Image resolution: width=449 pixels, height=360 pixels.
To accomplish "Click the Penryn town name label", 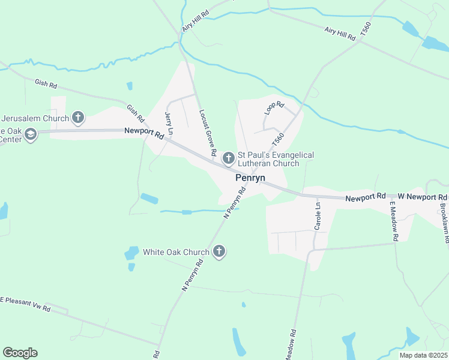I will [x=250, y=178].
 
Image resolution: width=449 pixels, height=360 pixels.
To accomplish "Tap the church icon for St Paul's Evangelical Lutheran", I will [x=228, y=158].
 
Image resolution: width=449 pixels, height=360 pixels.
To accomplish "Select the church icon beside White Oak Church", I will [x=219, y=252].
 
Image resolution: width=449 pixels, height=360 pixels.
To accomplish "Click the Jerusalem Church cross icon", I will [x=77, y=116].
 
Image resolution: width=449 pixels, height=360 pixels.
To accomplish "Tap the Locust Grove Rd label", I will [x=208, y=133].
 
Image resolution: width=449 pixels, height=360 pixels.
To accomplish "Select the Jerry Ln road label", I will [x=169, y=124].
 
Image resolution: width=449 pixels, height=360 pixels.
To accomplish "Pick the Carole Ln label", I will [x=318, y=216].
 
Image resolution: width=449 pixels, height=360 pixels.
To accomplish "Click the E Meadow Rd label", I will [x=394, y=221].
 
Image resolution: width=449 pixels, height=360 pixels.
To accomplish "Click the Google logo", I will [x=20, y=353].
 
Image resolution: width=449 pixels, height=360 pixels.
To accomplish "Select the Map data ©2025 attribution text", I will [x=423, y=355].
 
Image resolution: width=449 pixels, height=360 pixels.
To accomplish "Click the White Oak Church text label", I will [x=176, y=252].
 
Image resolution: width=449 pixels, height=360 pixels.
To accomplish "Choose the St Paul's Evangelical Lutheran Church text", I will [x=276, y=159].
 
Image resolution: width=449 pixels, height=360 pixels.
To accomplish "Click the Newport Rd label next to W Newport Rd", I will [x=365, y=197].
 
